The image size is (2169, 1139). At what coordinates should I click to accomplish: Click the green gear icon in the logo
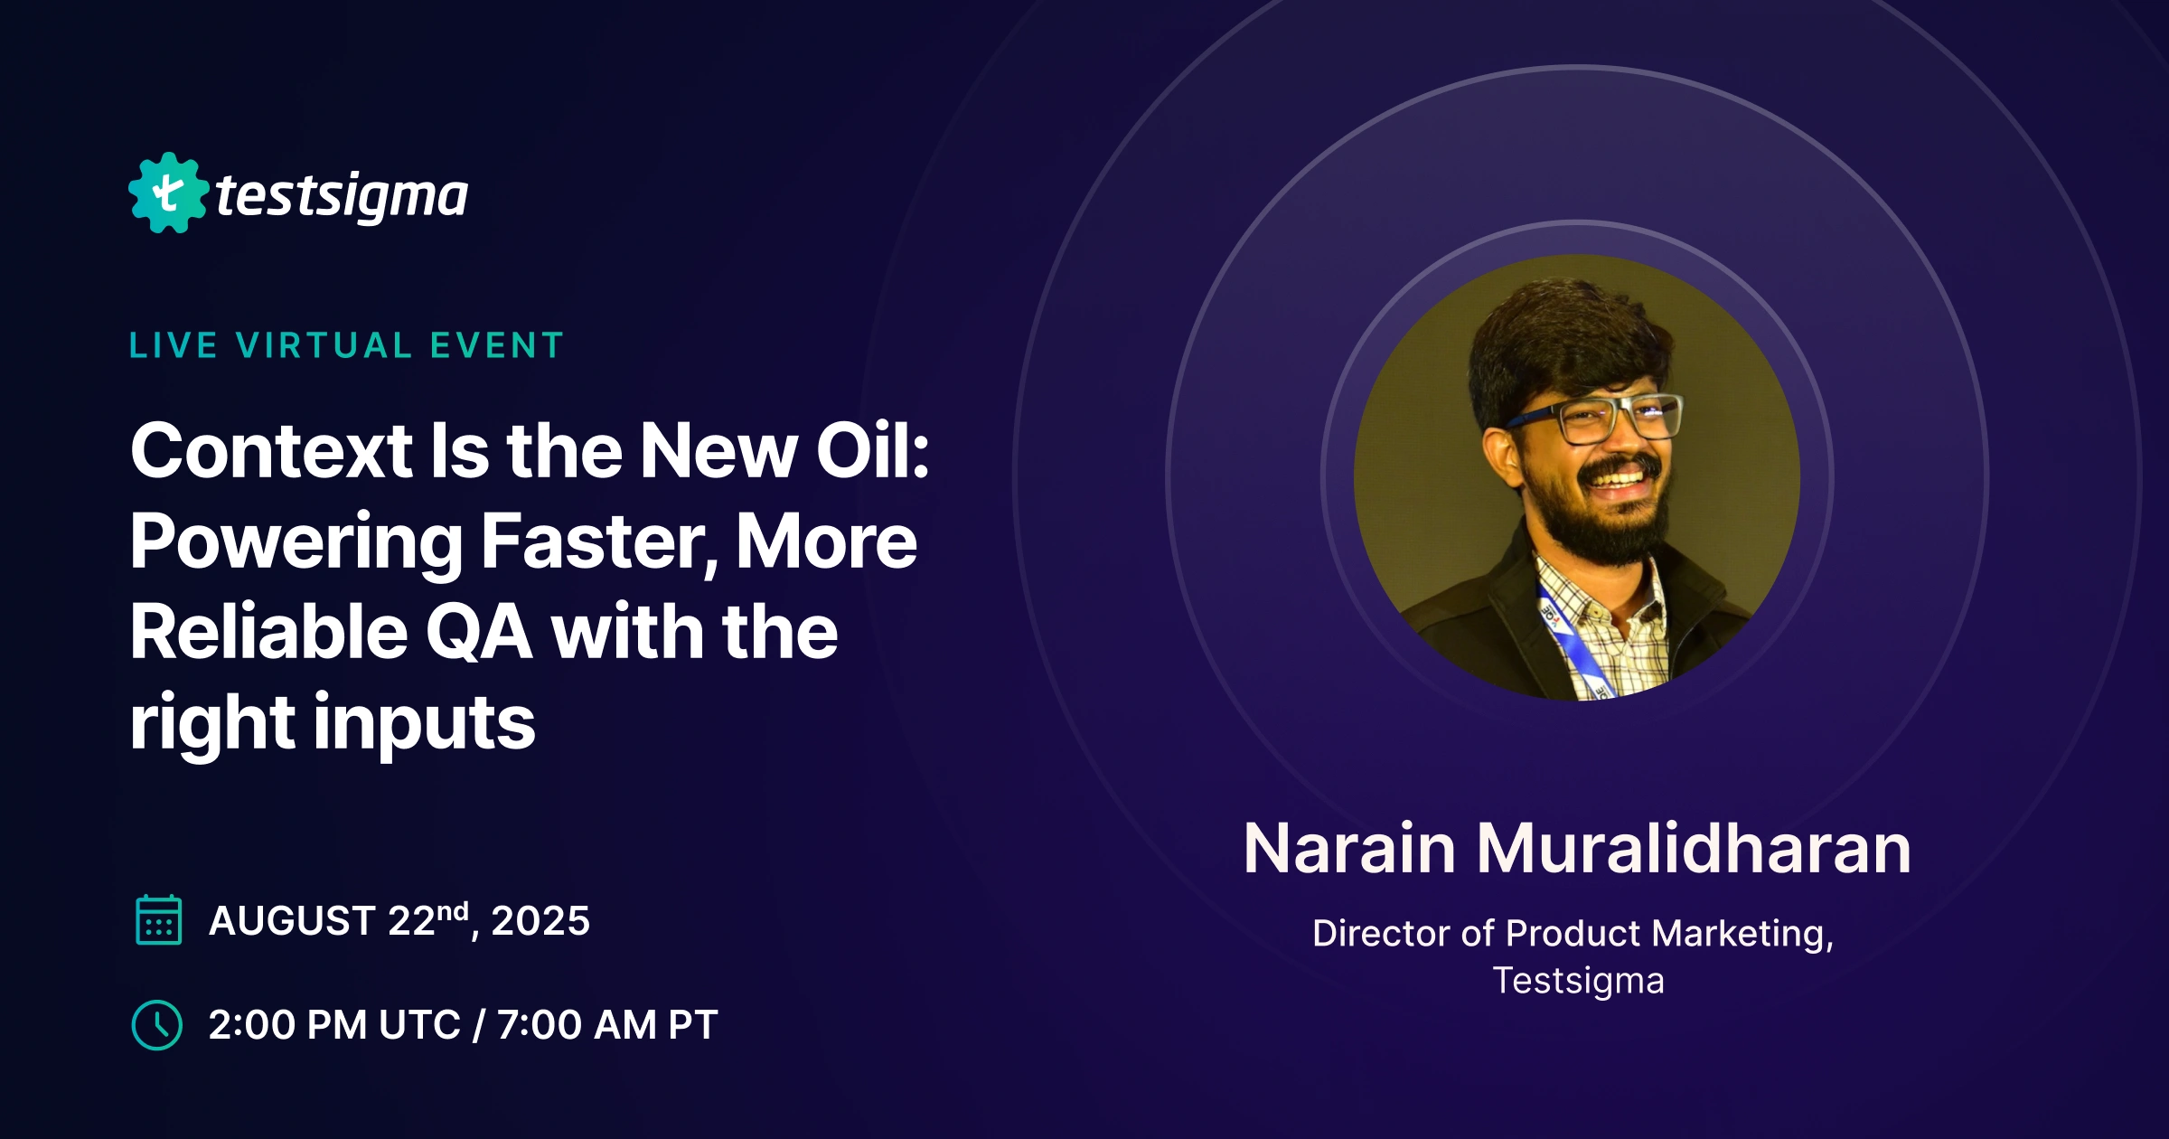[168, 193]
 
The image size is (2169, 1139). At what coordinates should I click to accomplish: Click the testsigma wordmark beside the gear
[342, 196]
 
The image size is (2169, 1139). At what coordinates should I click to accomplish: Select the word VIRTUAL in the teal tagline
[324, 346]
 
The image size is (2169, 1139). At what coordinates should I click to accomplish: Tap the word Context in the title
[271, 451]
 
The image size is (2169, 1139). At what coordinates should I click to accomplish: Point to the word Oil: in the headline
[872, 451]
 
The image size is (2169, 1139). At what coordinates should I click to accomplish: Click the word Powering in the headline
[296, 542]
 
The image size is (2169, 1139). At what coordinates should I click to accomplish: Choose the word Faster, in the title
[599, 542]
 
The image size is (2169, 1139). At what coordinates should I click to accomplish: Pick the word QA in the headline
[478, 632]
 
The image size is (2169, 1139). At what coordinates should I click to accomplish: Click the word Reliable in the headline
[268, 632]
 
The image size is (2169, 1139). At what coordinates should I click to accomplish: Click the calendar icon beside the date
[158, 920]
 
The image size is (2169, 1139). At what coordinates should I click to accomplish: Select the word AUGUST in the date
[292, 921]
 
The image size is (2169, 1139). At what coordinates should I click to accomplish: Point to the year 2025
[540, 921]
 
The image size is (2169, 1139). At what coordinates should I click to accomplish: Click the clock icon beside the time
[157, 1025]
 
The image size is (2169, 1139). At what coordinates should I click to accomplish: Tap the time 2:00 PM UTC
[334, 1025]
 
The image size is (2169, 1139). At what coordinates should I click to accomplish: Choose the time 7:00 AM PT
[607, 1025]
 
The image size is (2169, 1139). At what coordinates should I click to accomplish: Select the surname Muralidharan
[1694, 849]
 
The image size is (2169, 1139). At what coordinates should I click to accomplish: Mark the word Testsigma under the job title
[1578, 981]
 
